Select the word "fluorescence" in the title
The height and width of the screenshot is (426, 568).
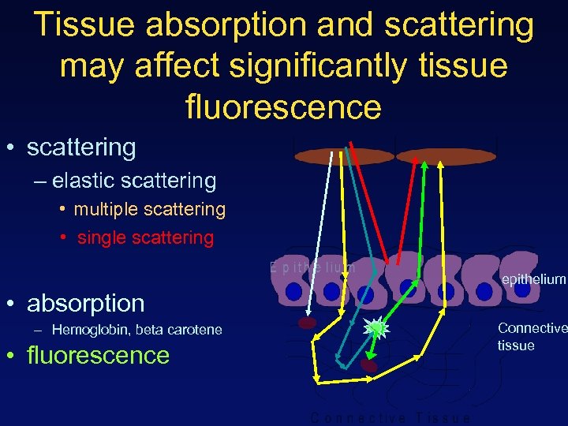[283, 106]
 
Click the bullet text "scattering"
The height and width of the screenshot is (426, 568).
[81, 148]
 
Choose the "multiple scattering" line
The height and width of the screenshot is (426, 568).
[149, 209]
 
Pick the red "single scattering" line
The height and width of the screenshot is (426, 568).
[145, 237]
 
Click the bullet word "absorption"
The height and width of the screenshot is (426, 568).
[85, 303]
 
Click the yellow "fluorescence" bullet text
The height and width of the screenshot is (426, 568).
[98, 355]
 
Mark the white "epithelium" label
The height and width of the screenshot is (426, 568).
[533, 279]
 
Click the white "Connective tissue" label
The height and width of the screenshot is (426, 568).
[531, 336]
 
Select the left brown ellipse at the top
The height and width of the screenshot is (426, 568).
[343, 156]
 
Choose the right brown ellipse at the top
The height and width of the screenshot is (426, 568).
[445, 156]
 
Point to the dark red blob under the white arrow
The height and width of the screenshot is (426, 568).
[307, 323]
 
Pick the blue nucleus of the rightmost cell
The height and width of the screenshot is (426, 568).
[522, 290]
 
